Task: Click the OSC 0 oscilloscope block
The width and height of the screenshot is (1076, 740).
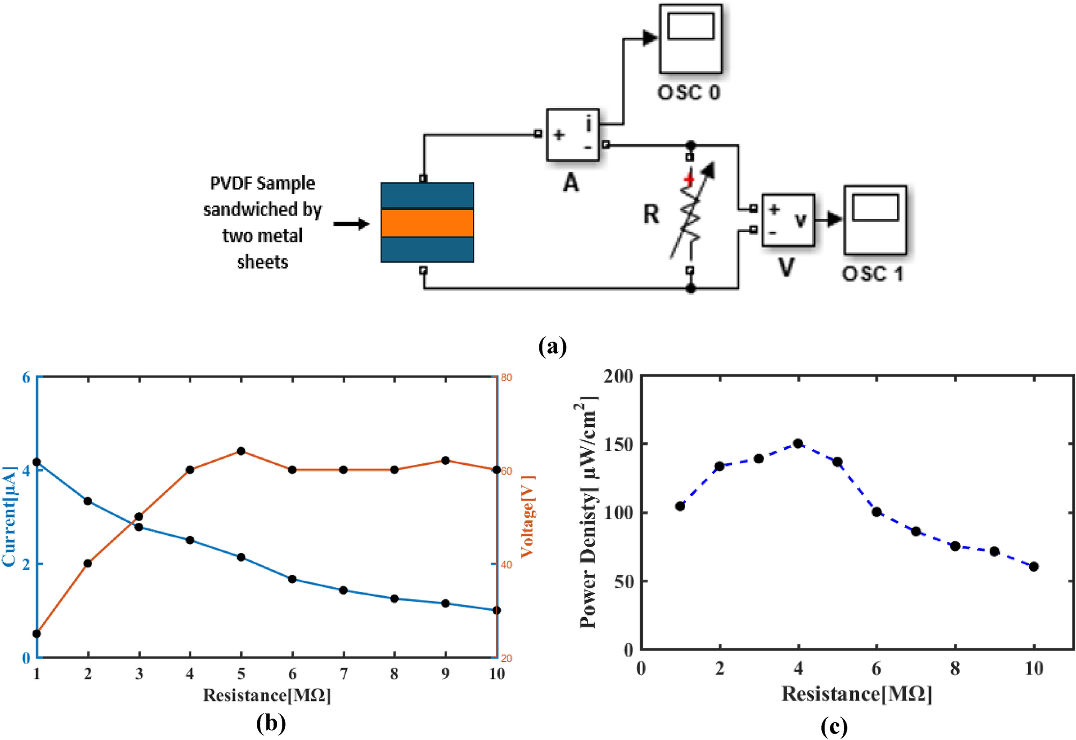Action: (690, 39)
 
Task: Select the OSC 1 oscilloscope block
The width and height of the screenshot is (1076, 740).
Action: (874, 220)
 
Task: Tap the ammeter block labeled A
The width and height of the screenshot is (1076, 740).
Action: (572, 135)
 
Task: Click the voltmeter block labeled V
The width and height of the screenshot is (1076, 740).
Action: (788, 220)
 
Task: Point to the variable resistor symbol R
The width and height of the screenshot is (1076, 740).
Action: (691, 214)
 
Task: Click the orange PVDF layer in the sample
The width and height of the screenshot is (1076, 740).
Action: (427, 223)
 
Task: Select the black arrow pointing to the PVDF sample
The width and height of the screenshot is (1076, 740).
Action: (351, 224)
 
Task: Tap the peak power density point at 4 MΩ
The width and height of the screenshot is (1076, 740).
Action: (798, 443)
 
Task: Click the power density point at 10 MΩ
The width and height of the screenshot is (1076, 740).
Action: (1034, 566)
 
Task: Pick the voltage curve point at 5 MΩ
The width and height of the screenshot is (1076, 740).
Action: (241, 451)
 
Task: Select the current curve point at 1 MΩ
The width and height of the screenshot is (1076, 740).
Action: (37, 462)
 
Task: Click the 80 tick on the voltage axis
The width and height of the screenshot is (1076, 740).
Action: (506, 378)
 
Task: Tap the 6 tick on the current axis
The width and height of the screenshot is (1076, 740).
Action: (26, 378)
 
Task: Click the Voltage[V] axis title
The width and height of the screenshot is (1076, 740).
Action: (528, 516)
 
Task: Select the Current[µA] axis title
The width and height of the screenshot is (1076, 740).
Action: (9, 516)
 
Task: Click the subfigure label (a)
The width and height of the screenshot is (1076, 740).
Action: (552, 346)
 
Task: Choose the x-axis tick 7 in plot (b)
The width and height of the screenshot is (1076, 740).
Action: (343, 674)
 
